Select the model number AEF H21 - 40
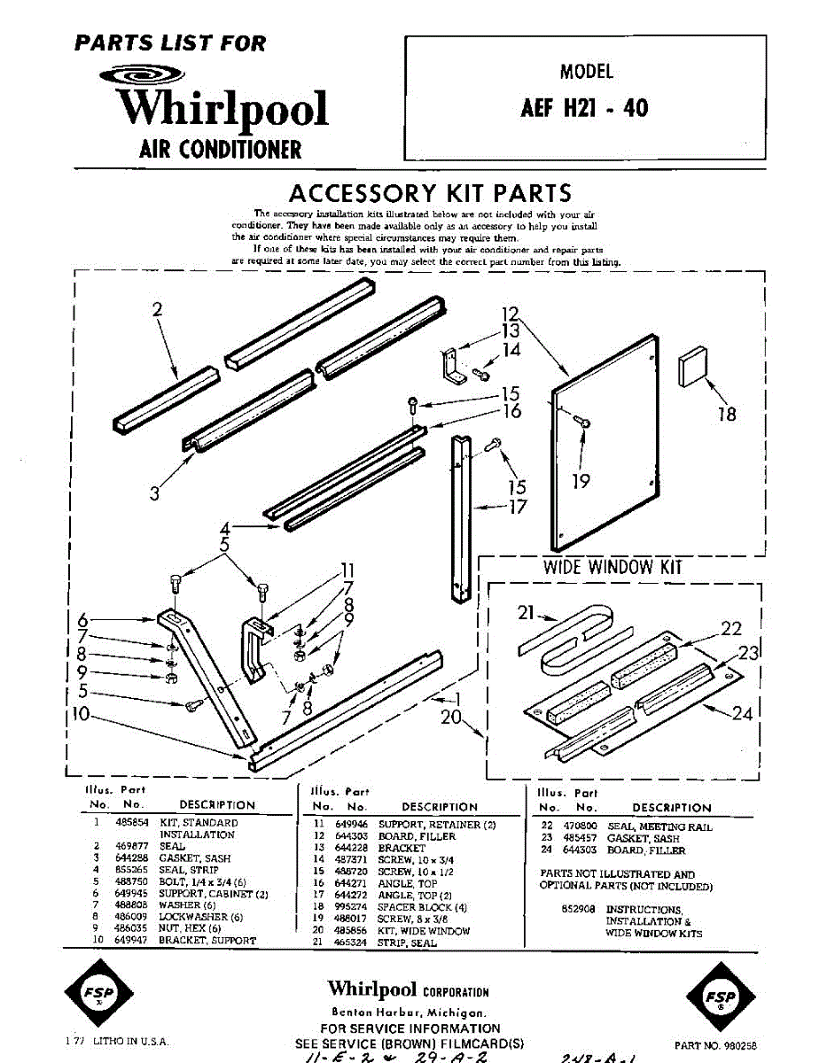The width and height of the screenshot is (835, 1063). coord(584,108)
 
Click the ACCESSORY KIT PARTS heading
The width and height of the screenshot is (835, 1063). coord(430,193)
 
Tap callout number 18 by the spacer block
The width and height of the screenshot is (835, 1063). coord(726,414)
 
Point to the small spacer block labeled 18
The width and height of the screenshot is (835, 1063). coord(691,366)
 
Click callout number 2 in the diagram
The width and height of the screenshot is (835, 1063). coord(158,310)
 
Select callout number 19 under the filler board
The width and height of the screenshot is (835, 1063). coord(581,481)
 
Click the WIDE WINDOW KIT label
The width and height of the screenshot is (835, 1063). coord(613,566)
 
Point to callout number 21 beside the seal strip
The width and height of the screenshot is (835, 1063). coord(527,612)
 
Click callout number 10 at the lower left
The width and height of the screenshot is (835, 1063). coord(82,713)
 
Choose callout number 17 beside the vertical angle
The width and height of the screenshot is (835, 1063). coord(518,507)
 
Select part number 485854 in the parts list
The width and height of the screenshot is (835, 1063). coord(126,823)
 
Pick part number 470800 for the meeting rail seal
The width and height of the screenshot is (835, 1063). coord(581,826)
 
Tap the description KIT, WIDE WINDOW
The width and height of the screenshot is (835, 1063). coord(424,931)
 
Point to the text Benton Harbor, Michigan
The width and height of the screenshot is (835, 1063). coord(408,1012)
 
